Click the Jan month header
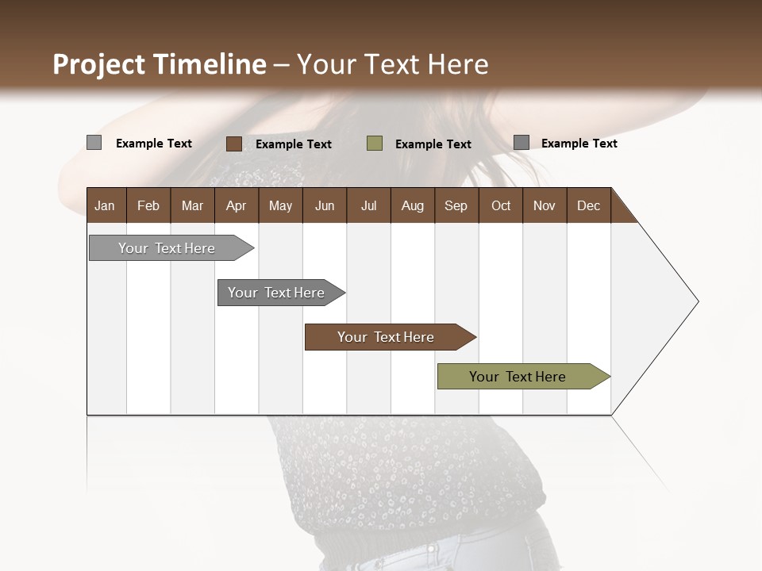(105, 205)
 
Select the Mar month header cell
(192, 205)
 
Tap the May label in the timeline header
(280, 205)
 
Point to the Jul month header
(368, 205)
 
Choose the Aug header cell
(412, 205)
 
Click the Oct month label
(501, 205)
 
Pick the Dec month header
(588, 205)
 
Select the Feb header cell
(148, 205)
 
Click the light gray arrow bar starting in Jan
(167, 248)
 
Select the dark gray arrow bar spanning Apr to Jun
(276, 293)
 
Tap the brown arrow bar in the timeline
(386, 337)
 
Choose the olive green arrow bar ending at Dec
(518, 377)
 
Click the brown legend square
(234, 144)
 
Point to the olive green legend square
(375, 144)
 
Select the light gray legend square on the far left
(94, 143)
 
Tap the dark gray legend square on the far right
(521, 143)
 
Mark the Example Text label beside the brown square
(294, 144)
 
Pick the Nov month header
(545, 205)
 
